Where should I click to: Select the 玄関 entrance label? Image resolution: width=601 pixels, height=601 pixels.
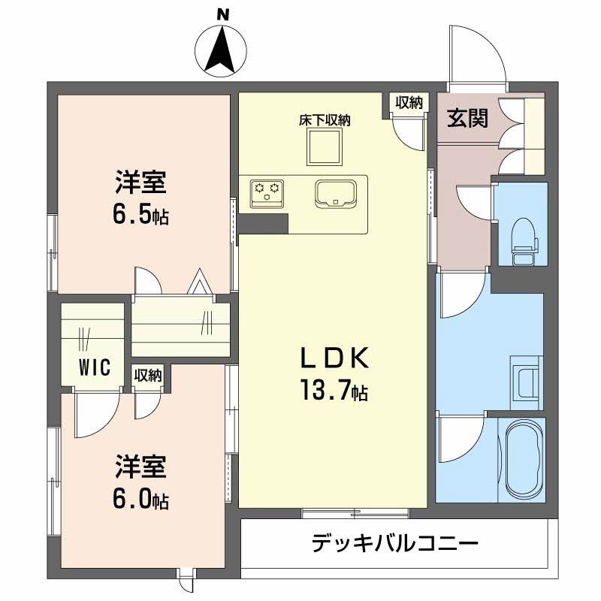pos(467,119)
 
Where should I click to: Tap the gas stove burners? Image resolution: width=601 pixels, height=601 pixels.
pos(266,191)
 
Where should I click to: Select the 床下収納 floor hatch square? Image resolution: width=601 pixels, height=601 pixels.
pos(324,146)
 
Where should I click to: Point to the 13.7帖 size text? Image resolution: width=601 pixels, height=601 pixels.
pos(335,391)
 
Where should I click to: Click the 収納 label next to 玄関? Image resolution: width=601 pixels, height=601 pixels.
pos(409,103)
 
